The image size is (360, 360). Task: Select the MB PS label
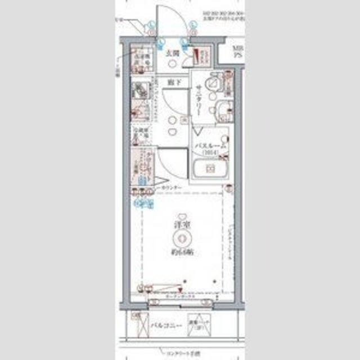[239, 52]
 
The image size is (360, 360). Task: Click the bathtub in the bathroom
[209, 168]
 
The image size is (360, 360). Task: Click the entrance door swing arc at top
[172, 22]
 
